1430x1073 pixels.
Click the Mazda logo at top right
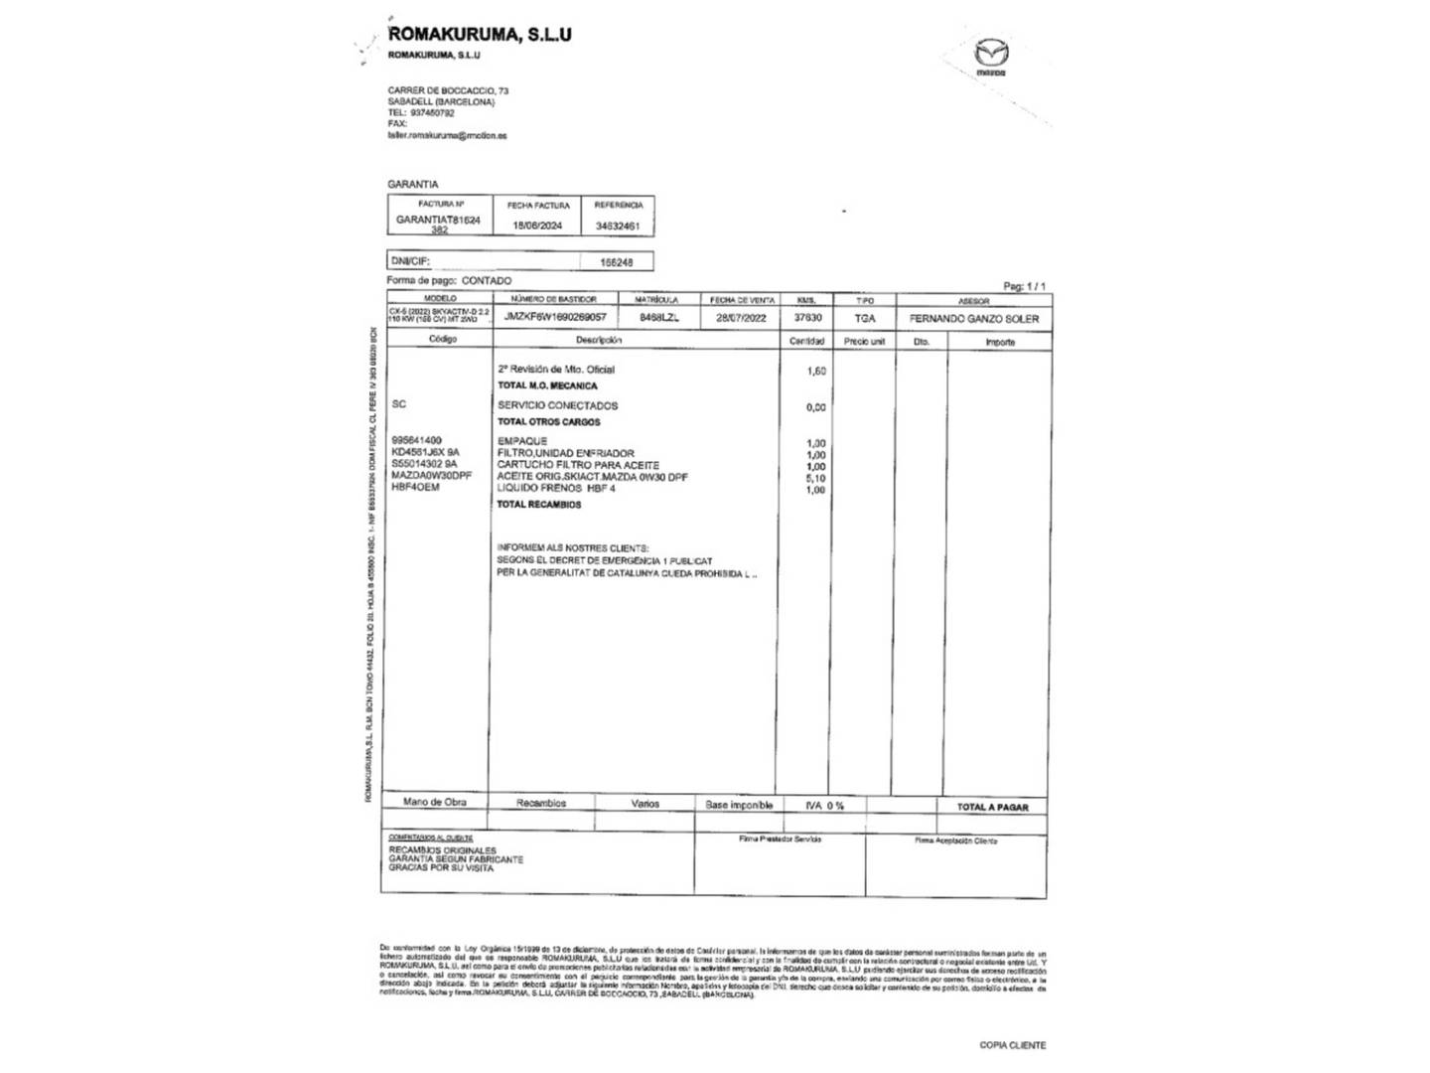990,57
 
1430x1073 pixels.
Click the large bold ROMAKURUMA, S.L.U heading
480,35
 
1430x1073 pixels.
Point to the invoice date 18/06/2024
537,226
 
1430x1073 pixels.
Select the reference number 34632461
618,226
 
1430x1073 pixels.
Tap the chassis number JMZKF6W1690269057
555,317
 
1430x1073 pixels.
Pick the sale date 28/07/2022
742,318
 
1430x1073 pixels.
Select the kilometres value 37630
807,318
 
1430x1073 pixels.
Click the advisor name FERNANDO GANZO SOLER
974,319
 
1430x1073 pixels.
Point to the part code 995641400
417,440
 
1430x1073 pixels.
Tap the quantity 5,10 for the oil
815,478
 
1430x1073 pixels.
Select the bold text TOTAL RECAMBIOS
539,505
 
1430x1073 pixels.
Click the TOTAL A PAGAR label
992,807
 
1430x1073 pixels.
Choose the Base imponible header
739,805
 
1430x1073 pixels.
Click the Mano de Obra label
434,802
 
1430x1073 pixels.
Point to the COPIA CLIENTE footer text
1012,1044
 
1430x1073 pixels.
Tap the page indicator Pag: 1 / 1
1024,286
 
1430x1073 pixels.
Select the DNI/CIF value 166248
617,262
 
